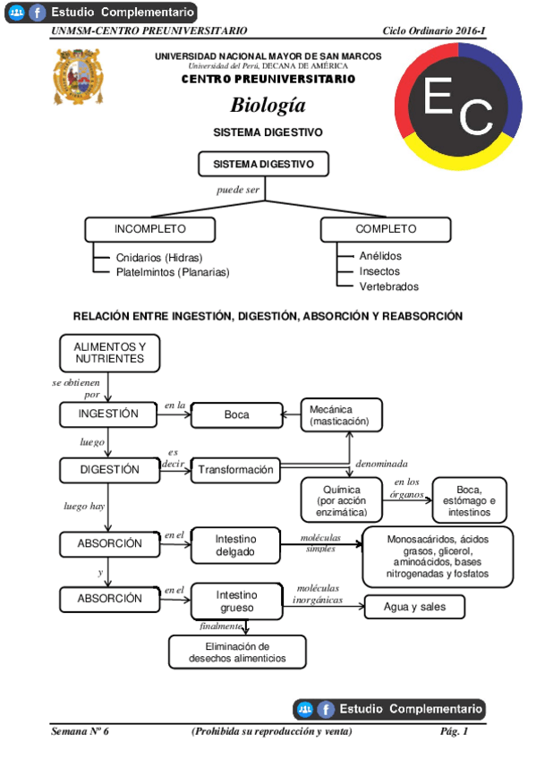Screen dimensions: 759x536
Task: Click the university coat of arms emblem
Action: click(78, 77)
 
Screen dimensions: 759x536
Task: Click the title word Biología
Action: click(268, 106)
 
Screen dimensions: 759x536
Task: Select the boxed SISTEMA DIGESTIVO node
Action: click(263, 165)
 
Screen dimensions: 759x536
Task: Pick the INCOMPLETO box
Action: click(150, 229)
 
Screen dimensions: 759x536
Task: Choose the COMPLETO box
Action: click(386, 229)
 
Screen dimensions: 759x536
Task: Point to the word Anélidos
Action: click(380, 256)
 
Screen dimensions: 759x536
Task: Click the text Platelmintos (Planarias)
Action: click(173, 272)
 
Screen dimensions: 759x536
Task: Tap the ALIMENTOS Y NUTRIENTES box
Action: click(109, 353)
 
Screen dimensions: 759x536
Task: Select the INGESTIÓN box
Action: click(108, 414)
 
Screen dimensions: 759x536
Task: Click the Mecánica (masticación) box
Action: click(341, 415)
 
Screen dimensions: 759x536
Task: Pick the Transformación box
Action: click(235, 470)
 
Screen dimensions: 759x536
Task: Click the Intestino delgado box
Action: click(235, 546)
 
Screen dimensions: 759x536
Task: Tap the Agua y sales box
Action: click(415, 607)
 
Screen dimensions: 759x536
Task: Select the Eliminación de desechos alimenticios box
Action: click(237, 652)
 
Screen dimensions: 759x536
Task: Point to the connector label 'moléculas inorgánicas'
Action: click(318, 594)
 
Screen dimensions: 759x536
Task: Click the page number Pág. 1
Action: click(454, 732)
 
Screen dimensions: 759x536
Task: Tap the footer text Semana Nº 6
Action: click(81, 732)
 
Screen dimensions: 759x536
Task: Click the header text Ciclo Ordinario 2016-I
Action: click(433, 30)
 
